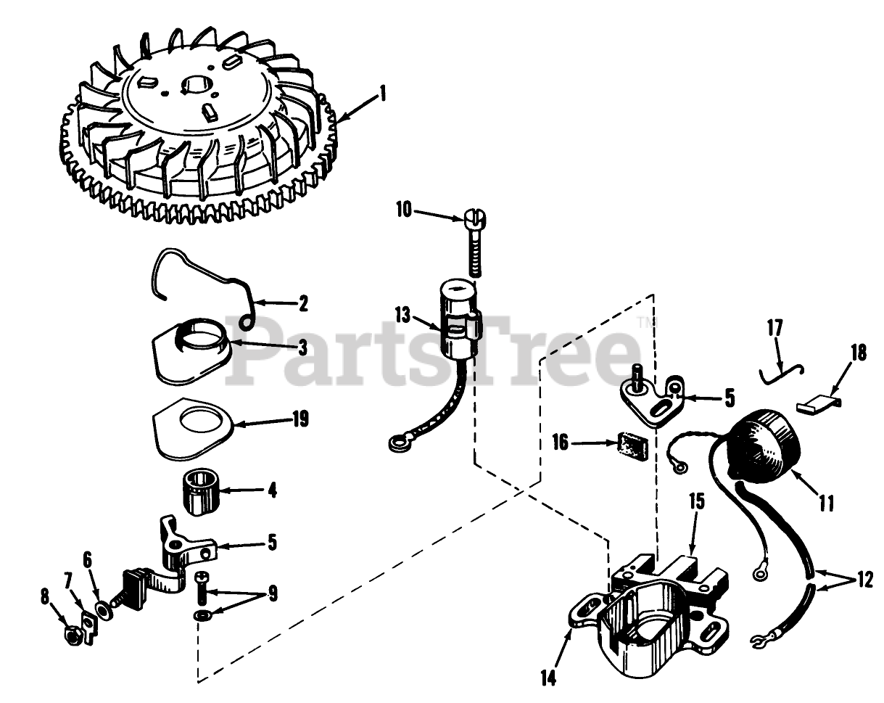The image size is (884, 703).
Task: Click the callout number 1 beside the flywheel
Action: click(x=382, y=94)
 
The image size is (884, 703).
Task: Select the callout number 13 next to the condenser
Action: click(x=403, y=316)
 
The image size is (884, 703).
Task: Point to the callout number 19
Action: click(x=300, y=419)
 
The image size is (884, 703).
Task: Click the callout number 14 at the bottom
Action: click(x=548, y=678)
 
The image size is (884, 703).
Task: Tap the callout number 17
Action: click(x=774, y=328)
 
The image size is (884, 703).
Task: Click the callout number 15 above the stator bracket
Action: click(x=695, y=501)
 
